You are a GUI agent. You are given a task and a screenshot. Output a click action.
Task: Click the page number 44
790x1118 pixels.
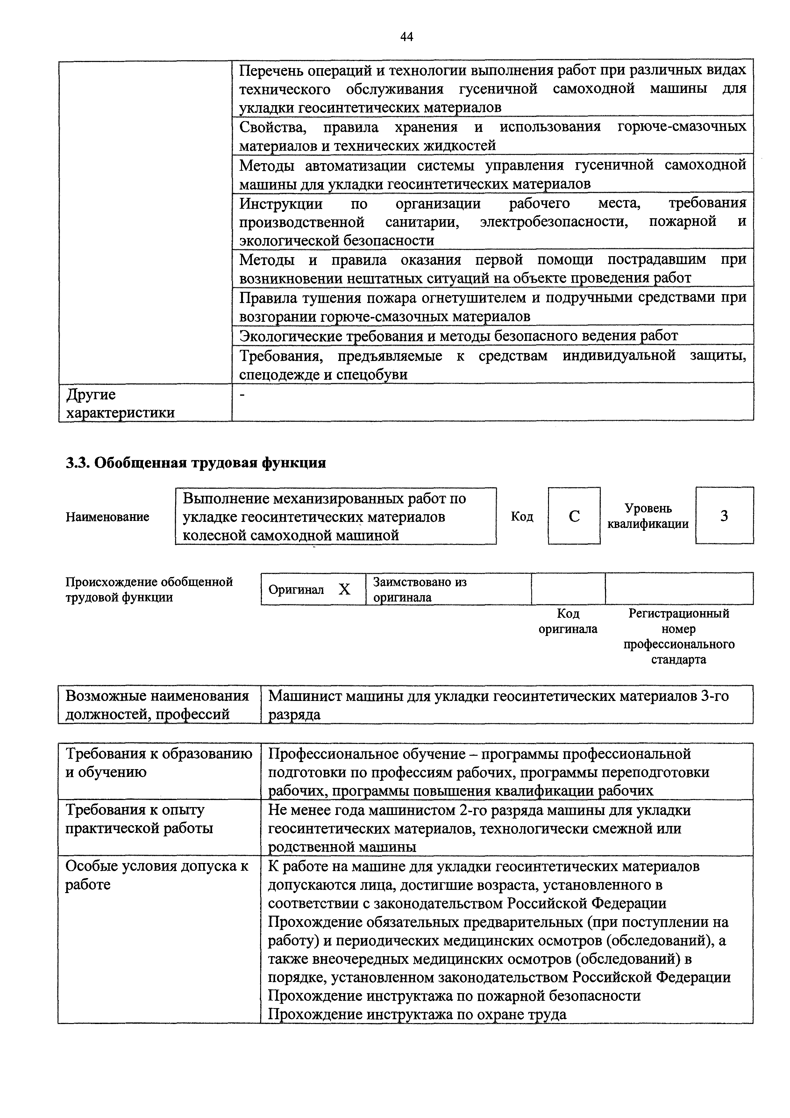pos(406,37)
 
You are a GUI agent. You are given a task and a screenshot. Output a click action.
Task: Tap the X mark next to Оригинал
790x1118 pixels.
pos(344,590)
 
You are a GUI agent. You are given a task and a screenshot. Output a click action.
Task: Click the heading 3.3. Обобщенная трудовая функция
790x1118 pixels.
pos(196,463)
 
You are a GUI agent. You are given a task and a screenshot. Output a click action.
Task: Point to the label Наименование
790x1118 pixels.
pos(108,517)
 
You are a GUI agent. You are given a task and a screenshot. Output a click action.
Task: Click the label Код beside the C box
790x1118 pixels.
pos(522,517)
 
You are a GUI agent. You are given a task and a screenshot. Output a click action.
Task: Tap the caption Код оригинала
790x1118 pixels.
pos(567,621)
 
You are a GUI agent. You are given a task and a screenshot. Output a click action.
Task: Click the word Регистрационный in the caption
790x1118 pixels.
pos(679,613)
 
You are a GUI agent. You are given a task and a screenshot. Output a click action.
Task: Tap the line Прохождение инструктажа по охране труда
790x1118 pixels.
pos(417,1014)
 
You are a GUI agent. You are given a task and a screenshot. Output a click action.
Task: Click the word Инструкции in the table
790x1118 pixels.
pos(281,203)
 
